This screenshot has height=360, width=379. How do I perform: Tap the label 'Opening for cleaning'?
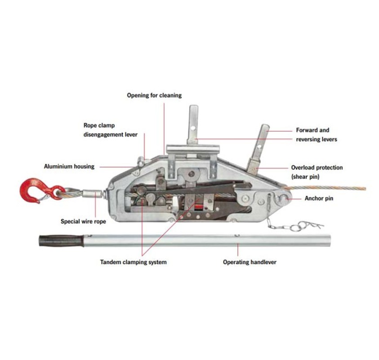tap(154, 95)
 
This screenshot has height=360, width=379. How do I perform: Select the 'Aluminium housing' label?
tap(69, 166)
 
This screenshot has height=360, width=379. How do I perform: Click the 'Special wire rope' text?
tap(83, 221)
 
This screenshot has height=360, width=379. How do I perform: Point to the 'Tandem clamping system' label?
tap(133, 262)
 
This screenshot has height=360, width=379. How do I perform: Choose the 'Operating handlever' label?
tap(250, 262)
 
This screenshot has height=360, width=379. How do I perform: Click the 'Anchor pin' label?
tap(319, 198)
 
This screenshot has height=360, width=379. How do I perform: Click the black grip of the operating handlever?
tap(62, 241)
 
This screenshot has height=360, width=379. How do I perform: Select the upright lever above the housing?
tap(193, 125)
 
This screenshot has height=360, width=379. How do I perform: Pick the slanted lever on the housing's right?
tap(258, 148)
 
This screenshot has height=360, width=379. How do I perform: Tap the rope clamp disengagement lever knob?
tap(140, 161)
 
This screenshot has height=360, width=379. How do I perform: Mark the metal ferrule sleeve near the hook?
tap(92, 194)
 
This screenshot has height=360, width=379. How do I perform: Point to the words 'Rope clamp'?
tap(99, 125)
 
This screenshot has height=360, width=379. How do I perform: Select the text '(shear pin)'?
tap(305, 176)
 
